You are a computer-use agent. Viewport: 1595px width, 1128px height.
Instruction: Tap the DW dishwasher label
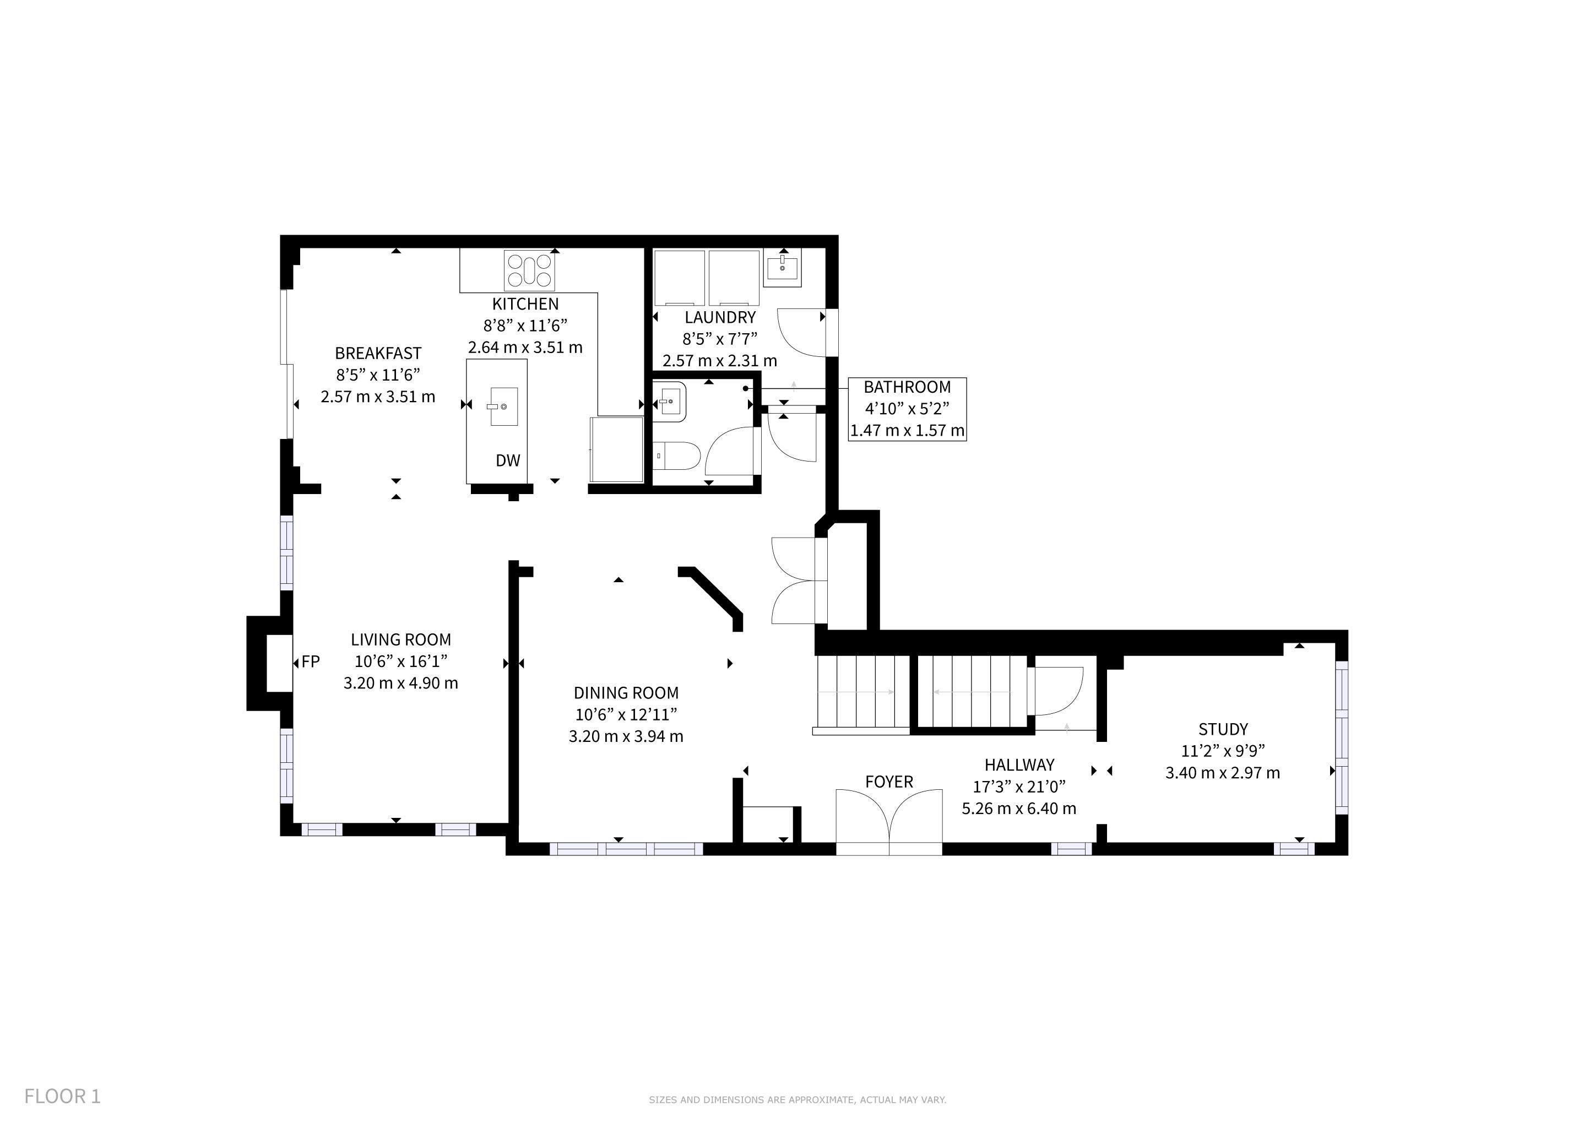tap(508, 460)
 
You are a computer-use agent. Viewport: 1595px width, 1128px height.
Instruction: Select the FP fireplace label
tap(311, 662)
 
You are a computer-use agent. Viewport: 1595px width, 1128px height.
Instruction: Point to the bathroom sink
tap(670, 402)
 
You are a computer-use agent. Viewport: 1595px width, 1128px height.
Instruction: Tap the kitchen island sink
tap(502, 406)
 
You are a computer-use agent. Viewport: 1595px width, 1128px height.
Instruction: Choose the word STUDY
tap(1223, 729)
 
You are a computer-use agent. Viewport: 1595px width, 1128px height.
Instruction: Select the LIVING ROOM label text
tap(401, 639)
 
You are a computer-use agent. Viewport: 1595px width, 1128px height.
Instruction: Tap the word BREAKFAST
tap(378, 353)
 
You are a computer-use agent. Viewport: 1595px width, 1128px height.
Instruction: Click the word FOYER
tap(889, 782)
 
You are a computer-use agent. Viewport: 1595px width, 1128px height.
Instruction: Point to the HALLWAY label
tap(1019, 764)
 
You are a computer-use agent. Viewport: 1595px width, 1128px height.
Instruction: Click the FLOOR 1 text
tap(63, 1096)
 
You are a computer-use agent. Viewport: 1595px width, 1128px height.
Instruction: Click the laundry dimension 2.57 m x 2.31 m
tap(720, 361)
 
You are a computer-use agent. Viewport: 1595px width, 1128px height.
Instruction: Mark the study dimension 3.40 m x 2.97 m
tap(1223, 772)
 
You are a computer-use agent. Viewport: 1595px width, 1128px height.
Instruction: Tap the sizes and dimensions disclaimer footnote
tap(797, 1099)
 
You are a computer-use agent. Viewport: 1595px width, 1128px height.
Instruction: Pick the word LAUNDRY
tap(720, 317)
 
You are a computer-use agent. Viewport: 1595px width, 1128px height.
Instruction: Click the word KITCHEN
tap(525, 303)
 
